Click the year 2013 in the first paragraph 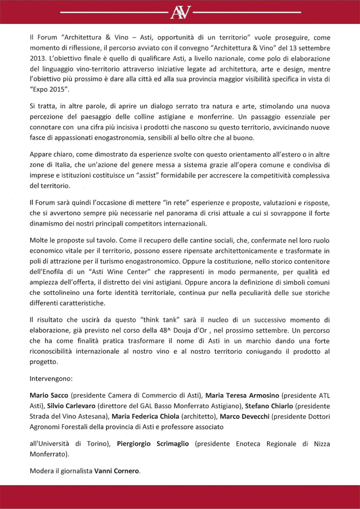click(x=38, y=58)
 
